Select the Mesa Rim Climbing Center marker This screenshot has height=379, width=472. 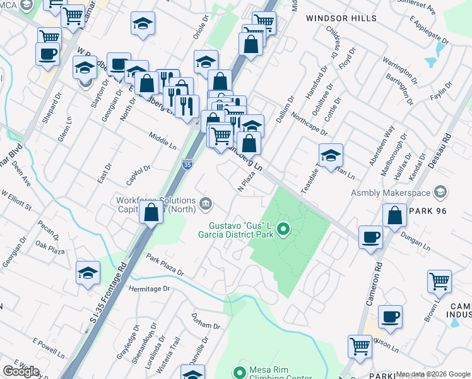(239, 373)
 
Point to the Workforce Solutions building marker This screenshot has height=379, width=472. (206, 203)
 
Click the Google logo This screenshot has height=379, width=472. (21, 371)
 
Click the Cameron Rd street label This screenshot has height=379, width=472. (372, 284)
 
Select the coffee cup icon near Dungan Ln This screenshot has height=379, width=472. (370, 238)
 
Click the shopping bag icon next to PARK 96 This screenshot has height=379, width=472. (394, 215)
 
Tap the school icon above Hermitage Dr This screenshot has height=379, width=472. (88, 272)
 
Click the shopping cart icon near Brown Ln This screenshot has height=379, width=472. (439, 281)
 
